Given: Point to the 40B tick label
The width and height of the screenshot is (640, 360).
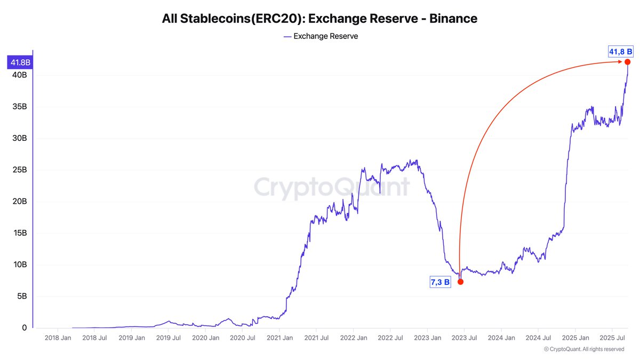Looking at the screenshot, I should pyautogui.click(x=19, y=75).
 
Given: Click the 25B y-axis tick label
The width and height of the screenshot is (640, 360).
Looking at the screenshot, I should pyautogui.click(x=19, y=170).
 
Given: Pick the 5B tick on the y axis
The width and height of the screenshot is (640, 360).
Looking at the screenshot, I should pyautogui.click(x=21, y=297).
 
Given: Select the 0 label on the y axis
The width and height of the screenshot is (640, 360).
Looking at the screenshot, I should pyautogui.click(x=24, y=328).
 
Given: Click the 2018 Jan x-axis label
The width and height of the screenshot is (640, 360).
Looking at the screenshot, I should pyautogui.click(x=58, y=338).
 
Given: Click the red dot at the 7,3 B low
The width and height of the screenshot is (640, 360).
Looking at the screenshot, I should pyautogui.click(x=460, y=282).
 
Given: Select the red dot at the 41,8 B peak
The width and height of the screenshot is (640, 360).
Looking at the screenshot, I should pyautogui.click(x=628, y=62).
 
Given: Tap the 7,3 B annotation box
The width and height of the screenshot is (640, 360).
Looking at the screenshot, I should pyautogui.click(x=440, y=282).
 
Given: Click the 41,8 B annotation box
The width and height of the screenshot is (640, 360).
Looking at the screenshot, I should pyautogui.click(x=620, y=52).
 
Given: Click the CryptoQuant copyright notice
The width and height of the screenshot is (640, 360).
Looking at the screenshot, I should pyautogui.click(x=584, y=349).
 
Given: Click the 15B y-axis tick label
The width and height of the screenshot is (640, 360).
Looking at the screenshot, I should pyautogui.click(x=19, y=233).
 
